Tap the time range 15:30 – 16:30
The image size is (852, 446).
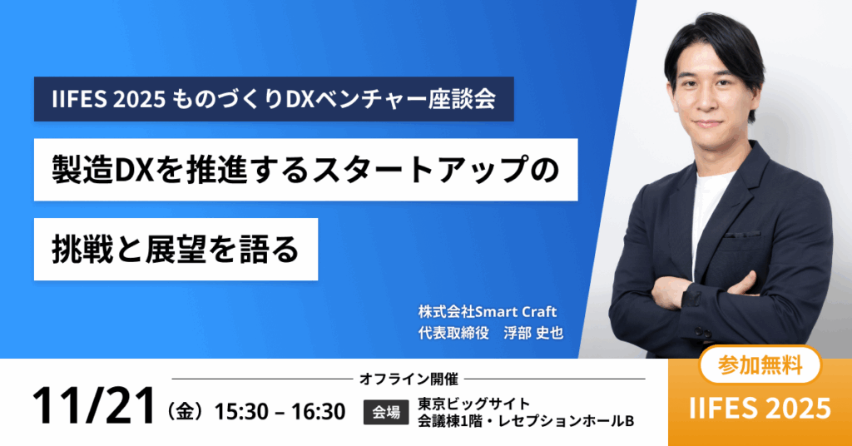[x=280, y=412]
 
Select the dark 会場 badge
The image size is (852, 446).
[x=386, y=413]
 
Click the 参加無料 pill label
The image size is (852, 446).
[x=760, y=365]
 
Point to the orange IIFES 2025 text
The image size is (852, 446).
[x=760, y=409]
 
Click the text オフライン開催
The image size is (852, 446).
[x=409, y=379]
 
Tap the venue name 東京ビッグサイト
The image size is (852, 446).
[x=473, y=404]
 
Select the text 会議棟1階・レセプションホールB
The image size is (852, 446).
[x=526, y=421]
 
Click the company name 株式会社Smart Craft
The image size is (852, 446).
[x=488, y=312]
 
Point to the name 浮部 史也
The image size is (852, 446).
[x=533, y=333]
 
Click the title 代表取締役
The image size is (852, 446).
[x=453, y=333]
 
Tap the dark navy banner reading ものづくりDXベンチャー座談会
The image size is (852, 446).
[x=274, y=99]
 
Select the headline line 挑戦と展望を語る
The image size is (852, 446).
[x=176, y=250]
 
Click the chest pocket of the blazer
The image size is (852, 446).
[x=741, y=235]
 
